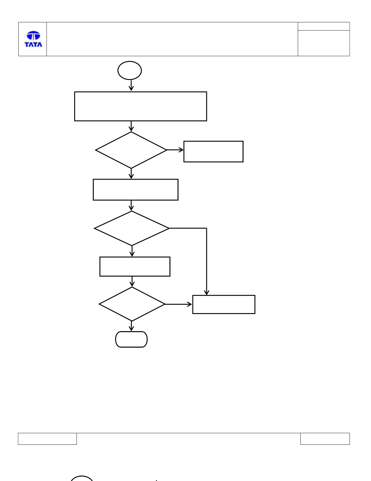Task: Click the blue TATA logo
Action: [x=33, y=39]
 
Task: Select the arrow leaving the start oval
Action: [x=131, y=85]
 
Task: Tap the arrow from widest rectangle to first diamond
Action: [x=131, y=127]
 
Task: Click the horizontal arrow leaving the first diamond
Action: [x=175, y=150]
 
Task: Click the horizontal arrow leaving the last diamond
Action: [x=178, y=304]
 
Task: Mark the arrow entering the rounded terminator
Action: [x=131, y=326]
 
